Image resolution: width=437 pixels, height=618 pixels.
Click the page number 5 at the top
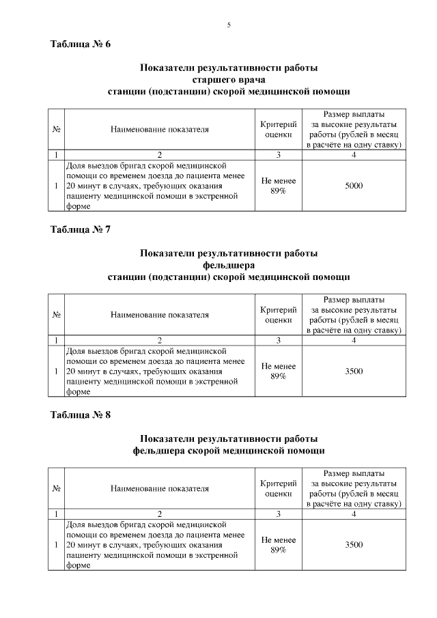229,25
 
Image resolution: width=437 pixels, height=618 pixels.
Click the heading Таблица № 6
81,44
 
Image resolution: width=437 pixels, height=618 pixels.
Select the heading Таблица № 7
81,229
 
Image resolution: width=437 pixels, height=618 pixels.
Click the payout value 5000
354,186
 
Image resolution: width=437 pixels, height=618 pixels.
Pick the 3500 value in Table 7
354,371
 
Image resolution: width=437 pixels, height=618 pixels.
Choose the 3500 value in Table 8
354,545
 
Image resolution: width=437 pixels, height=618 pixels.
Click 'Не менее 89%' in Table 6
279,186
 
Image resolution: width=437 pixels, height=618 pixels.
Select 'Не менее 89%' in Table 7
279,371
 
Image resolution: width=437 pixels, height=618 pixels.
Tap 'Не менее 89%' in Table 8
279,545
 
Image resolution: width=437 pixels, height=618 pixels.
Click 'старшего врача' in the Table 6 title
229,79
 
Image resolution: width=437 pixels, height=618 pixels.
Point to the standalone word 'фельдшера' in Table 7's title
229,265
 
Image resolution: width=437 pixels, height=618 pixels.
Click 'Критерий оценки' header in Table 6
279,128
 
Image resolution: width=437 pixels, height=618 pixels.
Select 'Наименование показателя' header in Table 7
159,315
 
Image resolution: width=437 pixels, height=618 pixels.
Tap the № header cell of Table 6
55,128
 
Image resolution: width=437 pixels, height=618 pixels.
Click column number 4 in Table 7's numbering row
354,340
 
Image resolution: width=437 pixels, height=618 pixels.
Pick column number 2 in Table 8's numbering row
159,514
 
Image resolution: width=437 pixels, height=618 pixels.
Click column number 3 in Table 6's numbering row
279,155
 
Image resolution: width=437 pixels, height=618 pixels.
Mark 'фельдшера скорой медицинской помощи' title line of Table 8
229,451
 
